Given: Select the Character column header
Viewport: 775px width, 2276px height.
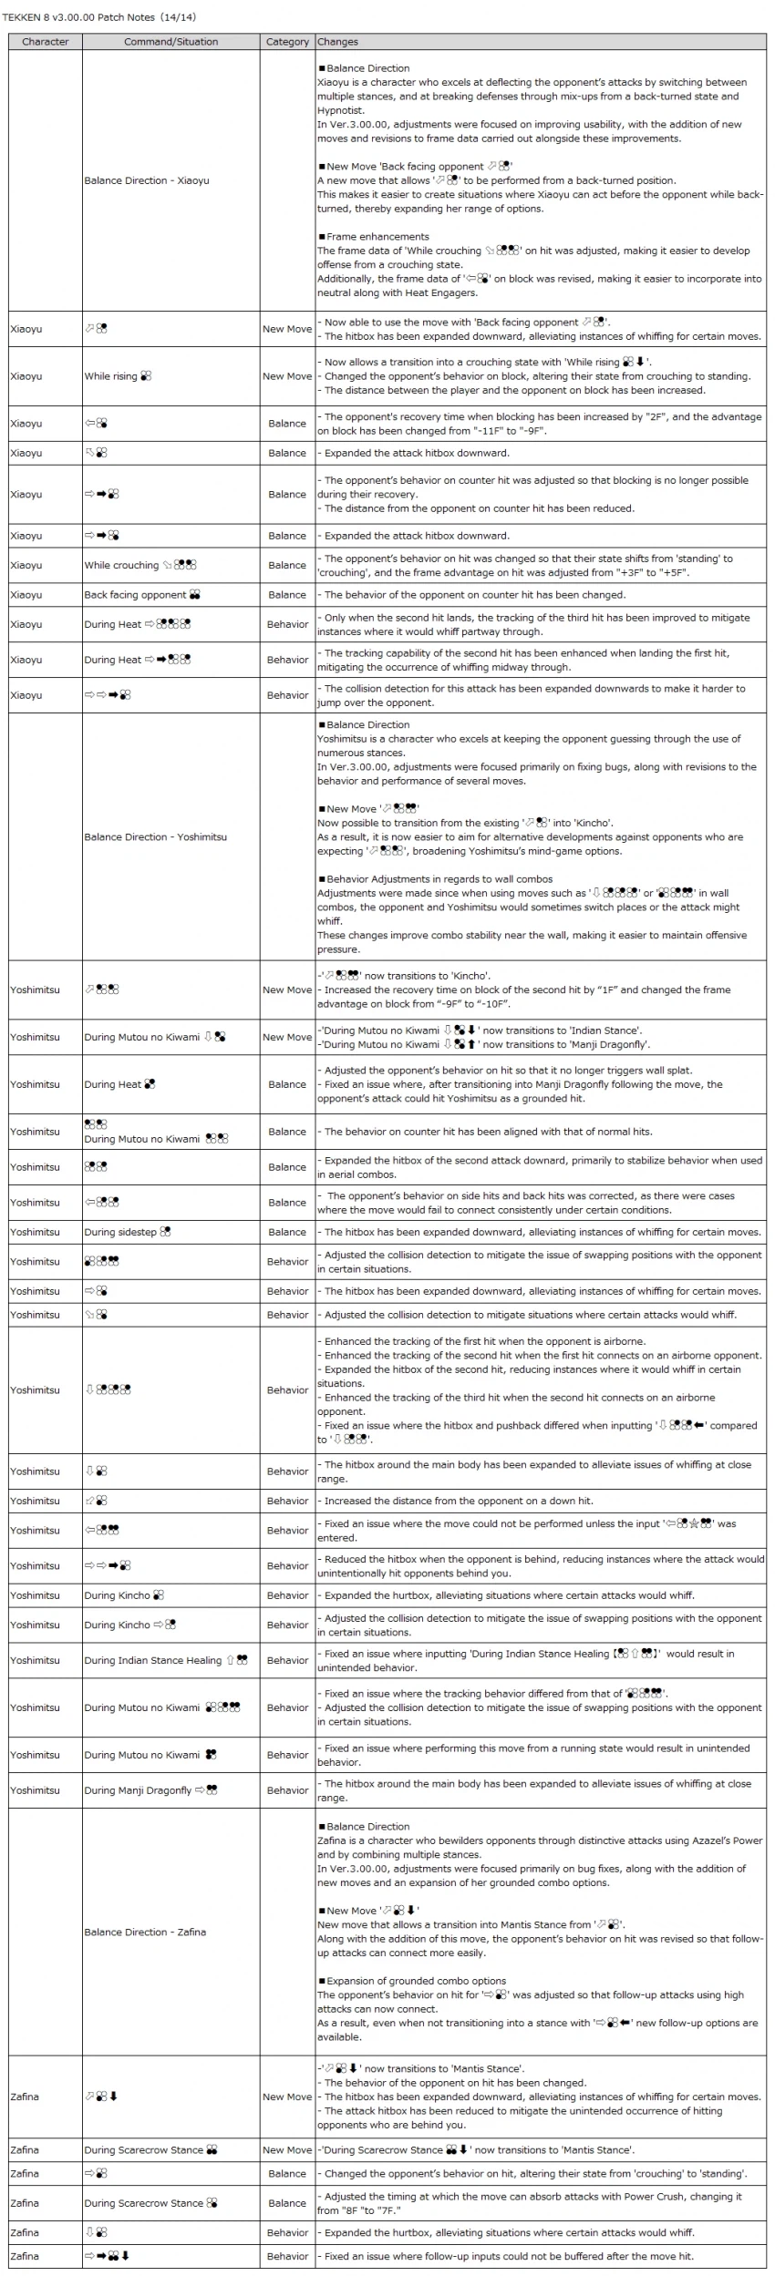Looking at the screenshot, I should coord(45,42).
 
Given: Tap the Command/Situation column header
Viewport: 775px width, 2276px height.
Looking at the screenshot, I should coord(170,42).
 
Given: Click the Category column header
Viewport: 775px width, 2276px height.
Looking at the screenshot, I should coord(287,42).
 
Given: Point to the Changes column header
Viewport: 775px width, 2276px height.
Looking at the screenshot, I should coord(337,42).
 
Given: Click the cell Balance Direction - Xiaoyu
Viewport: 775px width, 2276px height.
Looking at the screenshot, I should coord(147,180).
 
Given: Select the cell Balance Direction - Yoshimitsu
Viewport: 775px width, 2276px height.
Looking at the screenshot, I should coord(155,836).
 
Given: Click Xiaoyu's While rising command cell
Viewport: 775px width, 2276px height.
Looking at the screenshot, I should coord(118,376).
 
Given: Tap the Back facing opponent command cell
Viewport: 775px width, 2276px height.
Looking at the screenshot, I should coord(141,595).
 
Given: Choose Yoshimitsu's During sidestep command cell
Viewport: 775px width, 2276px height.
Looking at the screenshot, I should coord(127,1232).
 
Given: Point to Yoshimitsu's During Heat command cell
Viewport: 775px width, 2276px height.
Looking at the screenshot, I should coord(119,1084).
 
